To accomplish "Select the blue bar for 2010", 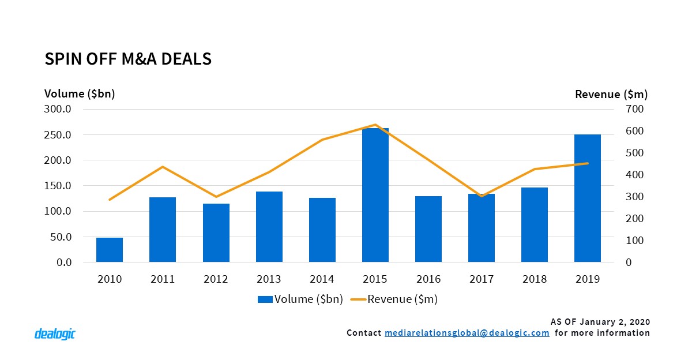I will point(110,250).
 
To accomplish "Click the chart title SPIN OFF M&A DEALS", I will point(128,59).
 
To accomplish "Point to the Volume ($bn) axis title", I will point(80,94).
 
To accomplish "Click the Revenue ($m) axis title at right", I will point(611,94).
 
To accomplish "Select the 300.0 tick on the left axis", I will point(59,109).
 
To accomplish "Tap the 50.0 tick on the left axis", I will point(61,237).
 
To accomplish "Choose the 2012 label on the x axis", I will point(216,279).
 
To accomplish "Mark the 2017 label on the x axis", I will point(482,279).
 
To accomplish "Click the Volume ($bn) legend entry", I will point(300,299).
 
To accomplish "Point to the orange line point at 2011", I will point(163,167).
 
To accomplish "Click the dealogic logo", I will point(55,333).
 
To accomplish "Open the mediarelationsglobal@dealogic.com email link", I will point(467,333).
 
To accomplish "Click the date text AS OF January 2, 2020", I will point(601,321).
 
